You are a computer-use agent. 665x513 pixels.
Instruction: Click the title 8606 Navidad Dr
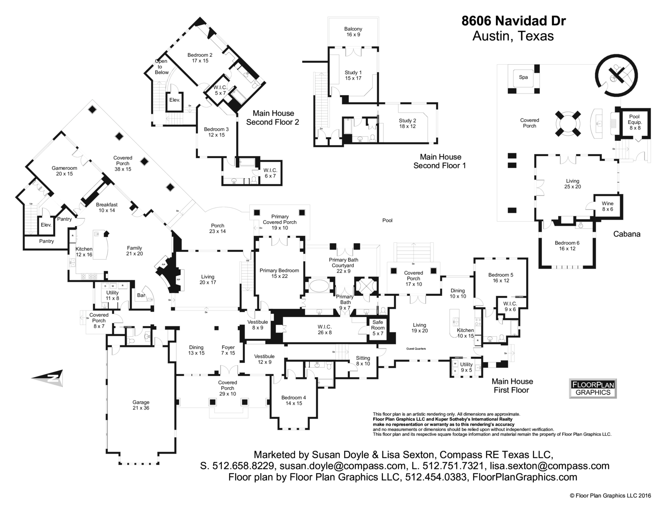513,21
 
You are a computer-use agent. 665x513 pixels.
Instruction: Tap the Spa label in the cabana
523,77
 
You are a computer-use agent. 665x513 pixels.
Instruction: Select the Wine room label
607,206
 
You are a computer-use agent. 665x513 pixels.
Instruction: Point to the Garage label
141,405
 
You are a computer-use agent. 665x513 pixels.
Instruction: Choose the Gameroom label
64,171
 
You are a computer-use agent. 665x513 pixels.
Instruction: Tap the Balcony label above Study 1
353,32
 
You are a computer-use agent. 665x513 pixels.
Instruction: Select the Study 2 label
407,123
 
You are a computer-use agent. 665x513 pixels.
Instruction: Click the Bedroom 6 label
567,246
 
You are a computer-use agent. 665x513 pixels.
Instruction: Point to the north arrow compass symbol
48,378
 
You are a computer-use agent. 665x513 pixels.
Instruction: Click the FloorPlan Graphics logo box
593,388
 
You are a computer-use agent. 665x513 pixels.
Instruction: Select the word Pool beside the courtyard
387,220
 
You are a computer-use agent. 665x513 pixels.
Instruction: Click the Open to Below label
162,67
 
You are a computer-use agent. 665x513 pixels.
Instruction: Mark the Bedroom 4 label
293,400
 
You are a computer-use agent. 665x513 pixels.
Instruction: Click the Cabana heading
627,234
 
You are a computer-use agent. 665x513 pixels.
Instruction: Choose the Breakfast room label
107,207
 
